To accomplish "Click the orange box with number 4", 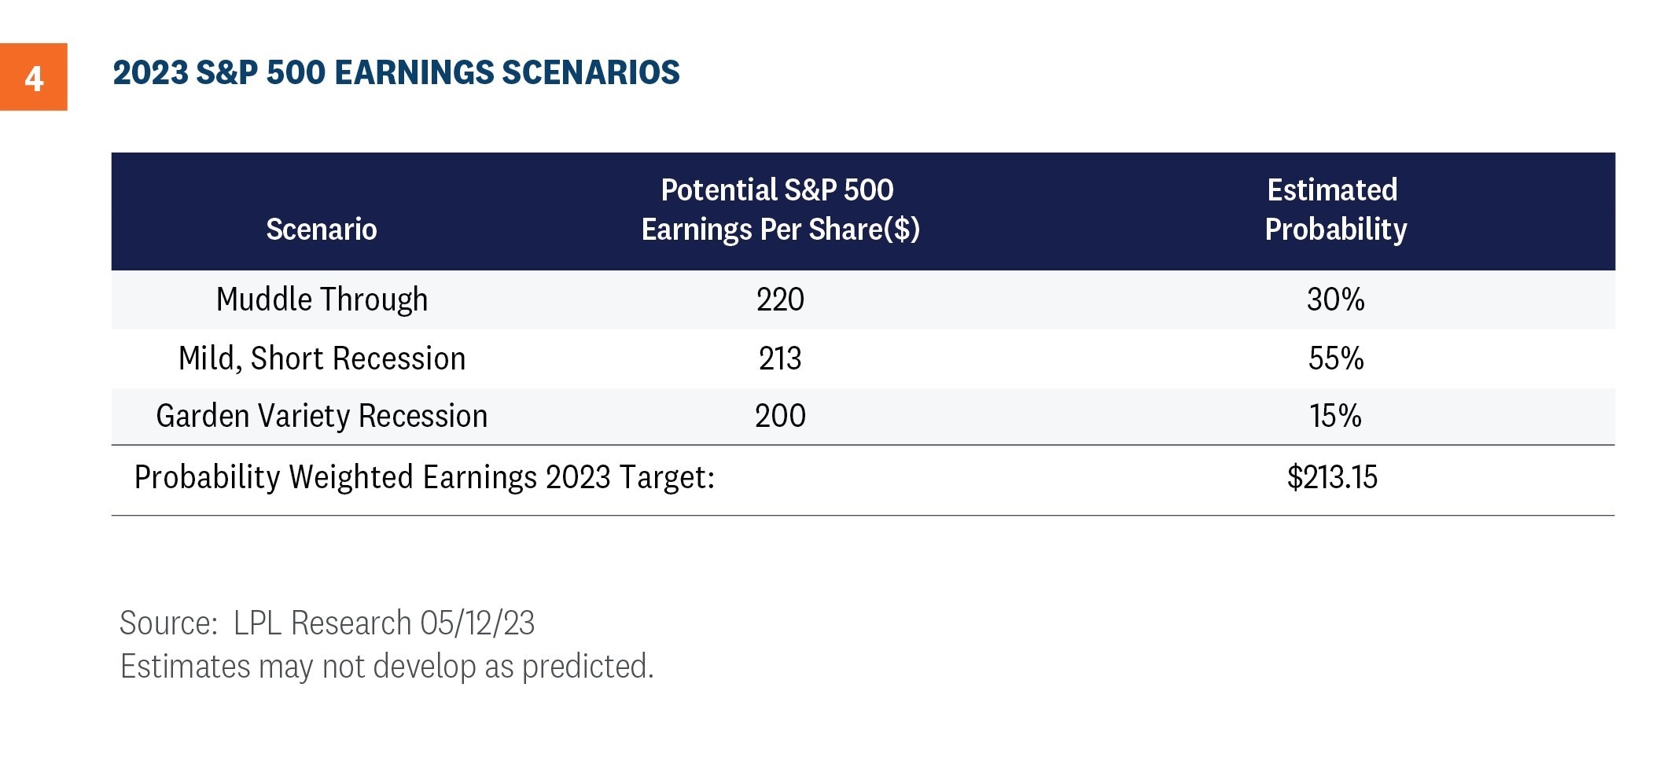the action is point(33,77).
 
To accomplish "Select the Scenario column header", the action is point(322,230).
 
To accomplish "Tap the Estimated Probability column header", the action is point(1335,210).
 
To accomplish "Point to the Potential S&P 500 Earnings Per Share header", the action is point(780,210).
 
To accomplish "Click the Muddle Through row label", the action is point(322,300).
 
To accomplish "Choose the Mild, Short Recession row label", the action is point(322,358).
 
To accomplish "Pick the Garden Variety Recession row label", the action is point(322,416).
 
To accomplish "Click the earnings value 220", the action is point(780,300).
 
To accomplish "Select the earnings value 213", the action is point(780,358).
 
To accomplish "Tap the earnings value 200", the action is point(780,416).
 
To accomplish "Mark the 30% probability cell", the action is point(1335,300).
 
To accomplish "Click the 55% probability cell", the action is point(1335,358).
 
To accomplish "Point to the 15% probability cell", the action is point(1335,416).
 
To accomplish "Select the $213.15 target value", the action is point(1332,477).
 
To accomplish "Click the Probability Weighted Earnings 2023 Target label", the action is point(425,477).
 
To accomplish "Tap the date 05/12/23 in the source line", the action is point(477,623).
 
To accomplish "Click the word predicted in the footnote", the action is point(587,667).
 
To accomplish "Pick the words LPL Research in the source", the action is point(322,623).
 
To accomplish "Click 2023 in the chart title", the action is point(150,72).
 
